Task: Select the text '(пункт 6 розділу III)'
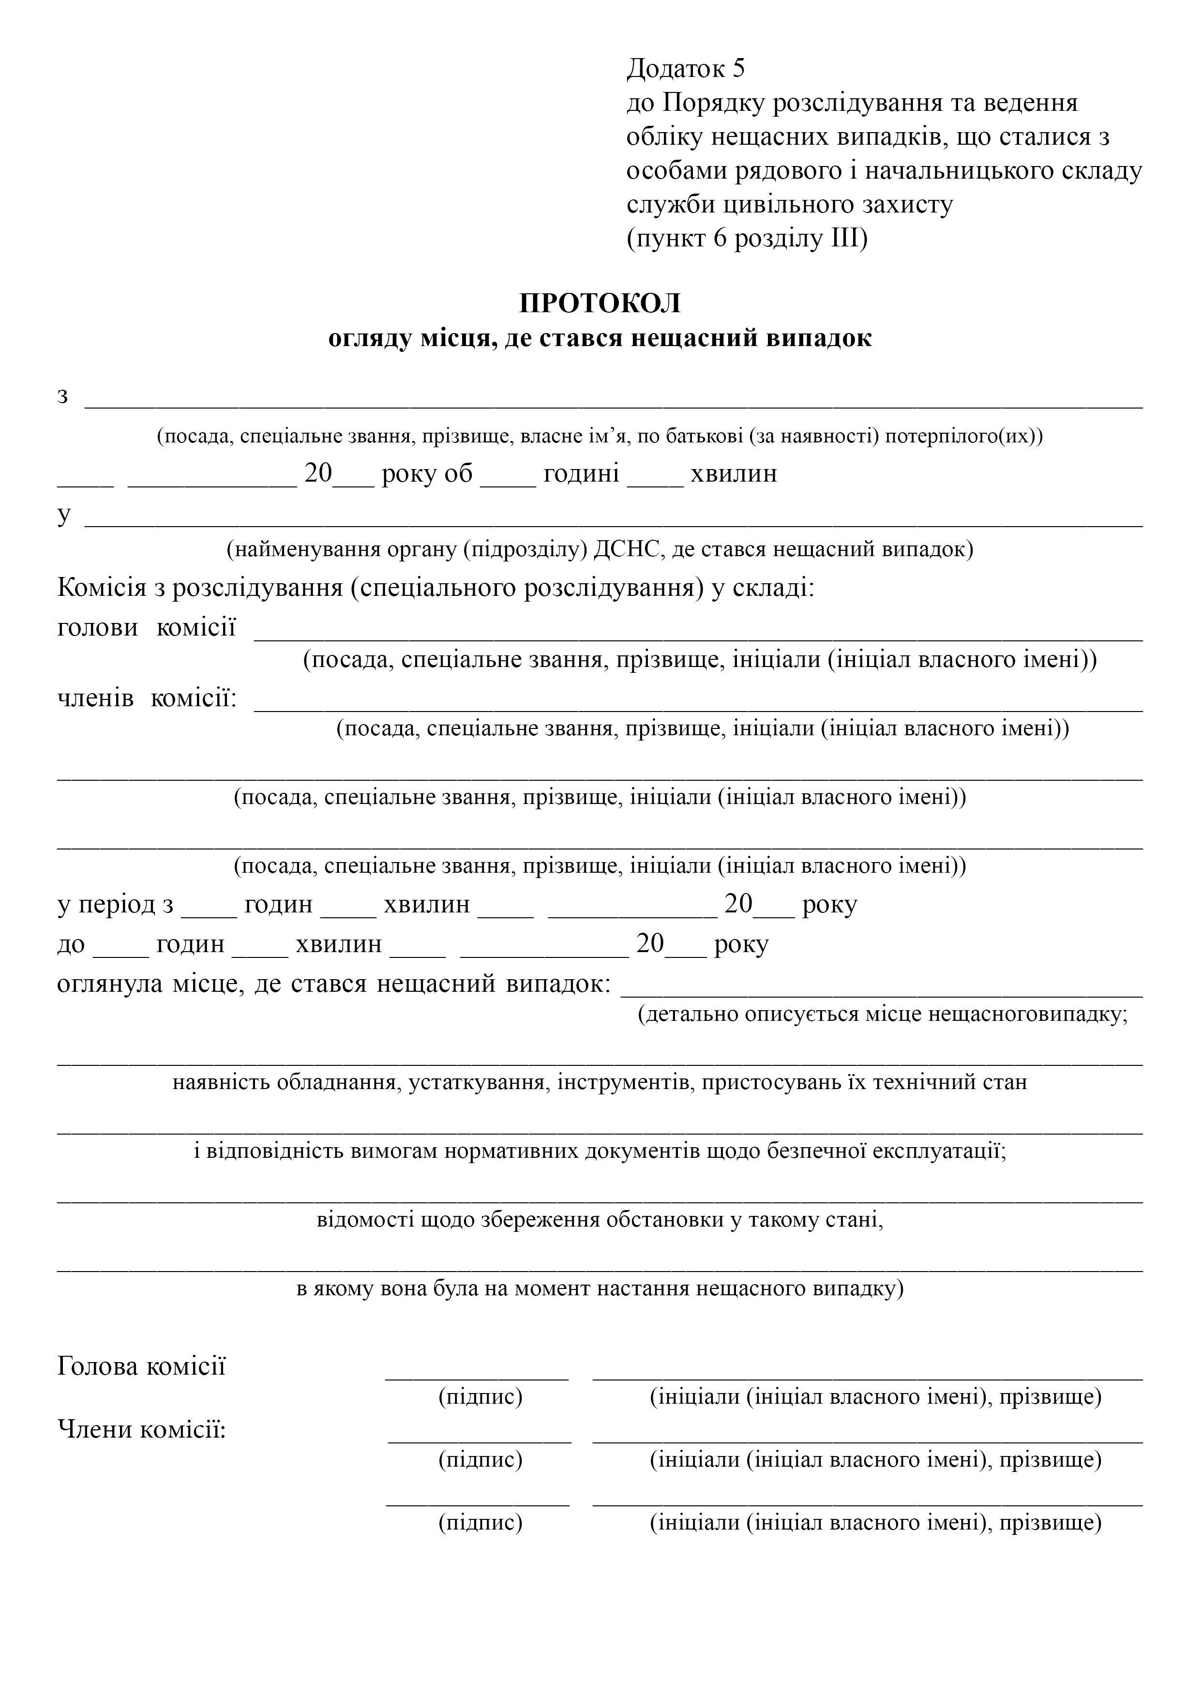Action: tap(747, 239)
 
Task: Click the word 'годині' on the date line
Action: tap(581, 473)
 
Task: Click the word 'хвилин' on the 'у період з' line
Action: tap(427, 905)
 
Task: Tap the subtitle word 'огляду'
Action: tap(370, 339)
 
